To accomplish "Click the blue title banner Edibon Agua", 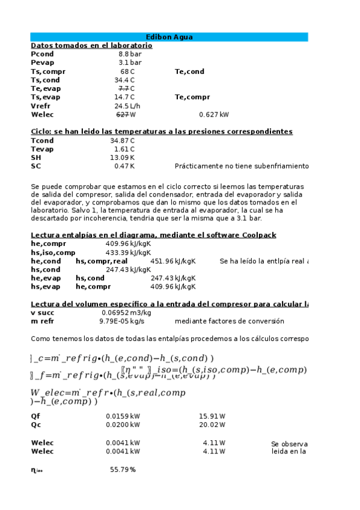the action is tap(169, 37).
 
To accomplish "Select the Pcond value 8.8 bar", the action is tap(129, 54).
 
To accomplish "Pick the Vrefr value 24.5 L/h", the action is tap(127, 106).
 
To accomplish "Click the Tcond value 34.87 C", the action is tap(123, 141).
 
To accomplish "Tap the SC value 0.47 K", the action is tap(124, 166).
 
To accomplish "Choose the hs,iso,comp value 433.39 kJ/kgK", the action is tap(128, 253).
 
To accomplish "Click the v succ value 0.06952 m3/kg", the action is tap(126, 313).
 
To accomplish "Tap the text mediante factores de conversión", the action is tap(220, 322).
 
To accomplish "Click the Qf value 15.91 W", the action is tap(213, 416).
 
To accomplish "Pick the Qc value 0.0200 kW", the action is tap(123, 425).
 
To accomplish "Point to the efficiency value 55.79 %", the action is tap(123, 470).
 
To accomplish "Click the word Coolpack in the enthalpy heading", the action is tap(259, 235).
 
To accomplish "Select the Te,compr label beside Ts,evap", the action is tap(192, 97).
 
